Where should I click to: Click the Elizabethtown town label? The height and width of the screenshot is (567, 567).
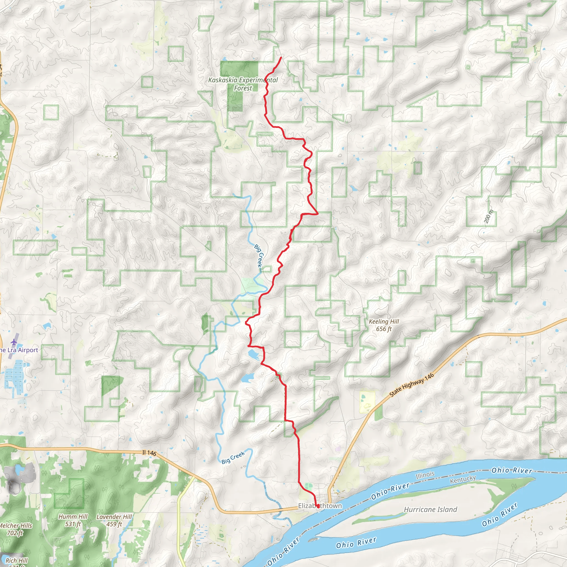[x=320, y=506]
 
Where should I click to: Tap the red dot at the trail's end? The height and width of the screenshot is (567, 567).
[x=318, y=506]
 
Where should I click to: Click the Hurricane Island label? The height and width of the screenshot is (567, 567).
[x=431, y=509]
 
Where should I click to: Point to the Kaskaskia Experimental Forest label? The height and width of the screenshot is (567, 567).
[x=243, y=84]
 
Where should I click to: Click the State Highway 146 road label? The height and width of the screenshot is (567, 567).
[x=411, y=385]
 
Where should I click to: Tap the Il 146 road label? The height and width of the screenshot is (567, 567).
[x=149, y=453]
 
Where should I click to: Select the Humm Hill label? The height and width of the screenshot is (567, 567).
[x=73, y=520]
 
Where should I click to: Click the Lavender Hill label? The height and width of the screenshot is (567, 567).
[x=114, y=520]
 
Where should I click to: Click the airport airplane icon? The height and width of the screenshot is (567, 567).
[x=14, y=342]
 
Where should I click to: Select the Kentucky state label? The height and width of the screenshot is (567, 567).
[x=463, y=479]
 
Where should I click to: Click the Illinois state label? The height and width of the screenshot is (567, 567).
[x=425, y=475]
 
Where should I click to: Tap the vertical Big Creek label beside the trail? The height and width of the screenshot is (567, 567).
[x=258, y=255]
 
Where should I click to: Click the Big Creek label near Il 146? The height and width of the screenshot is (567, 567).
[x=233, y=458]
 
